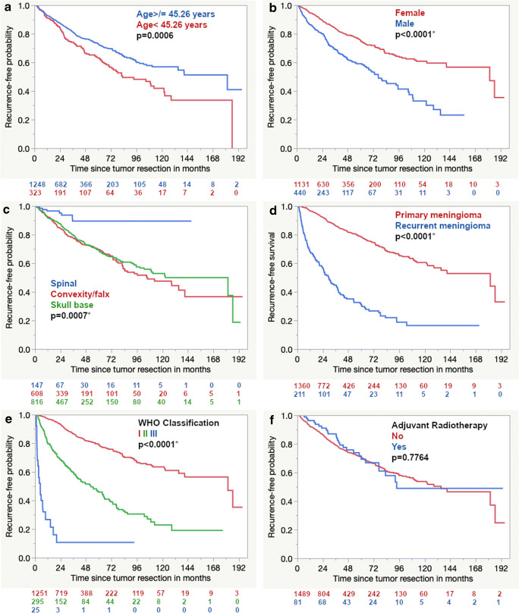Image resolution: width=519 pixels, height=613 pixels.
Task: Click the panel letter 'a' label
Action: (5, 7)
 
